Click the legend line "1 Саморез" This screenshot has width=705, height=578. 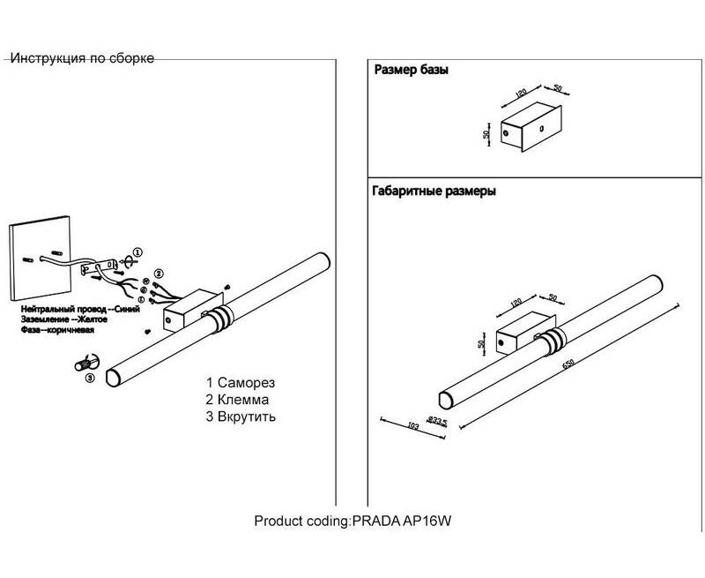click(x=241, y=384)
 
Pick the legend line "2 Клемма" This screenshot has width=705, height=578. click(x=237, y=400)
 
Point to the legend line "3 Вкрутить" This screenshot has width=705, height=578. click(x=241, y=416)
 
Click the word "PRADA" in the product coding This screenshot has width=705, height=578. click(x=371, y=521)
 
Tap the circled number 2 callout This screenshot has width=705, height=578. click(x=159, y=274)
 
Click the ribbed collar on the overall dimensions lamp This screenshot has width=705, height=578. click(x=554, y=343)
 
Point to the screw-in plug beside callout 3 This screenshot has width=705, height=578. click(x=86, y=363)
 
